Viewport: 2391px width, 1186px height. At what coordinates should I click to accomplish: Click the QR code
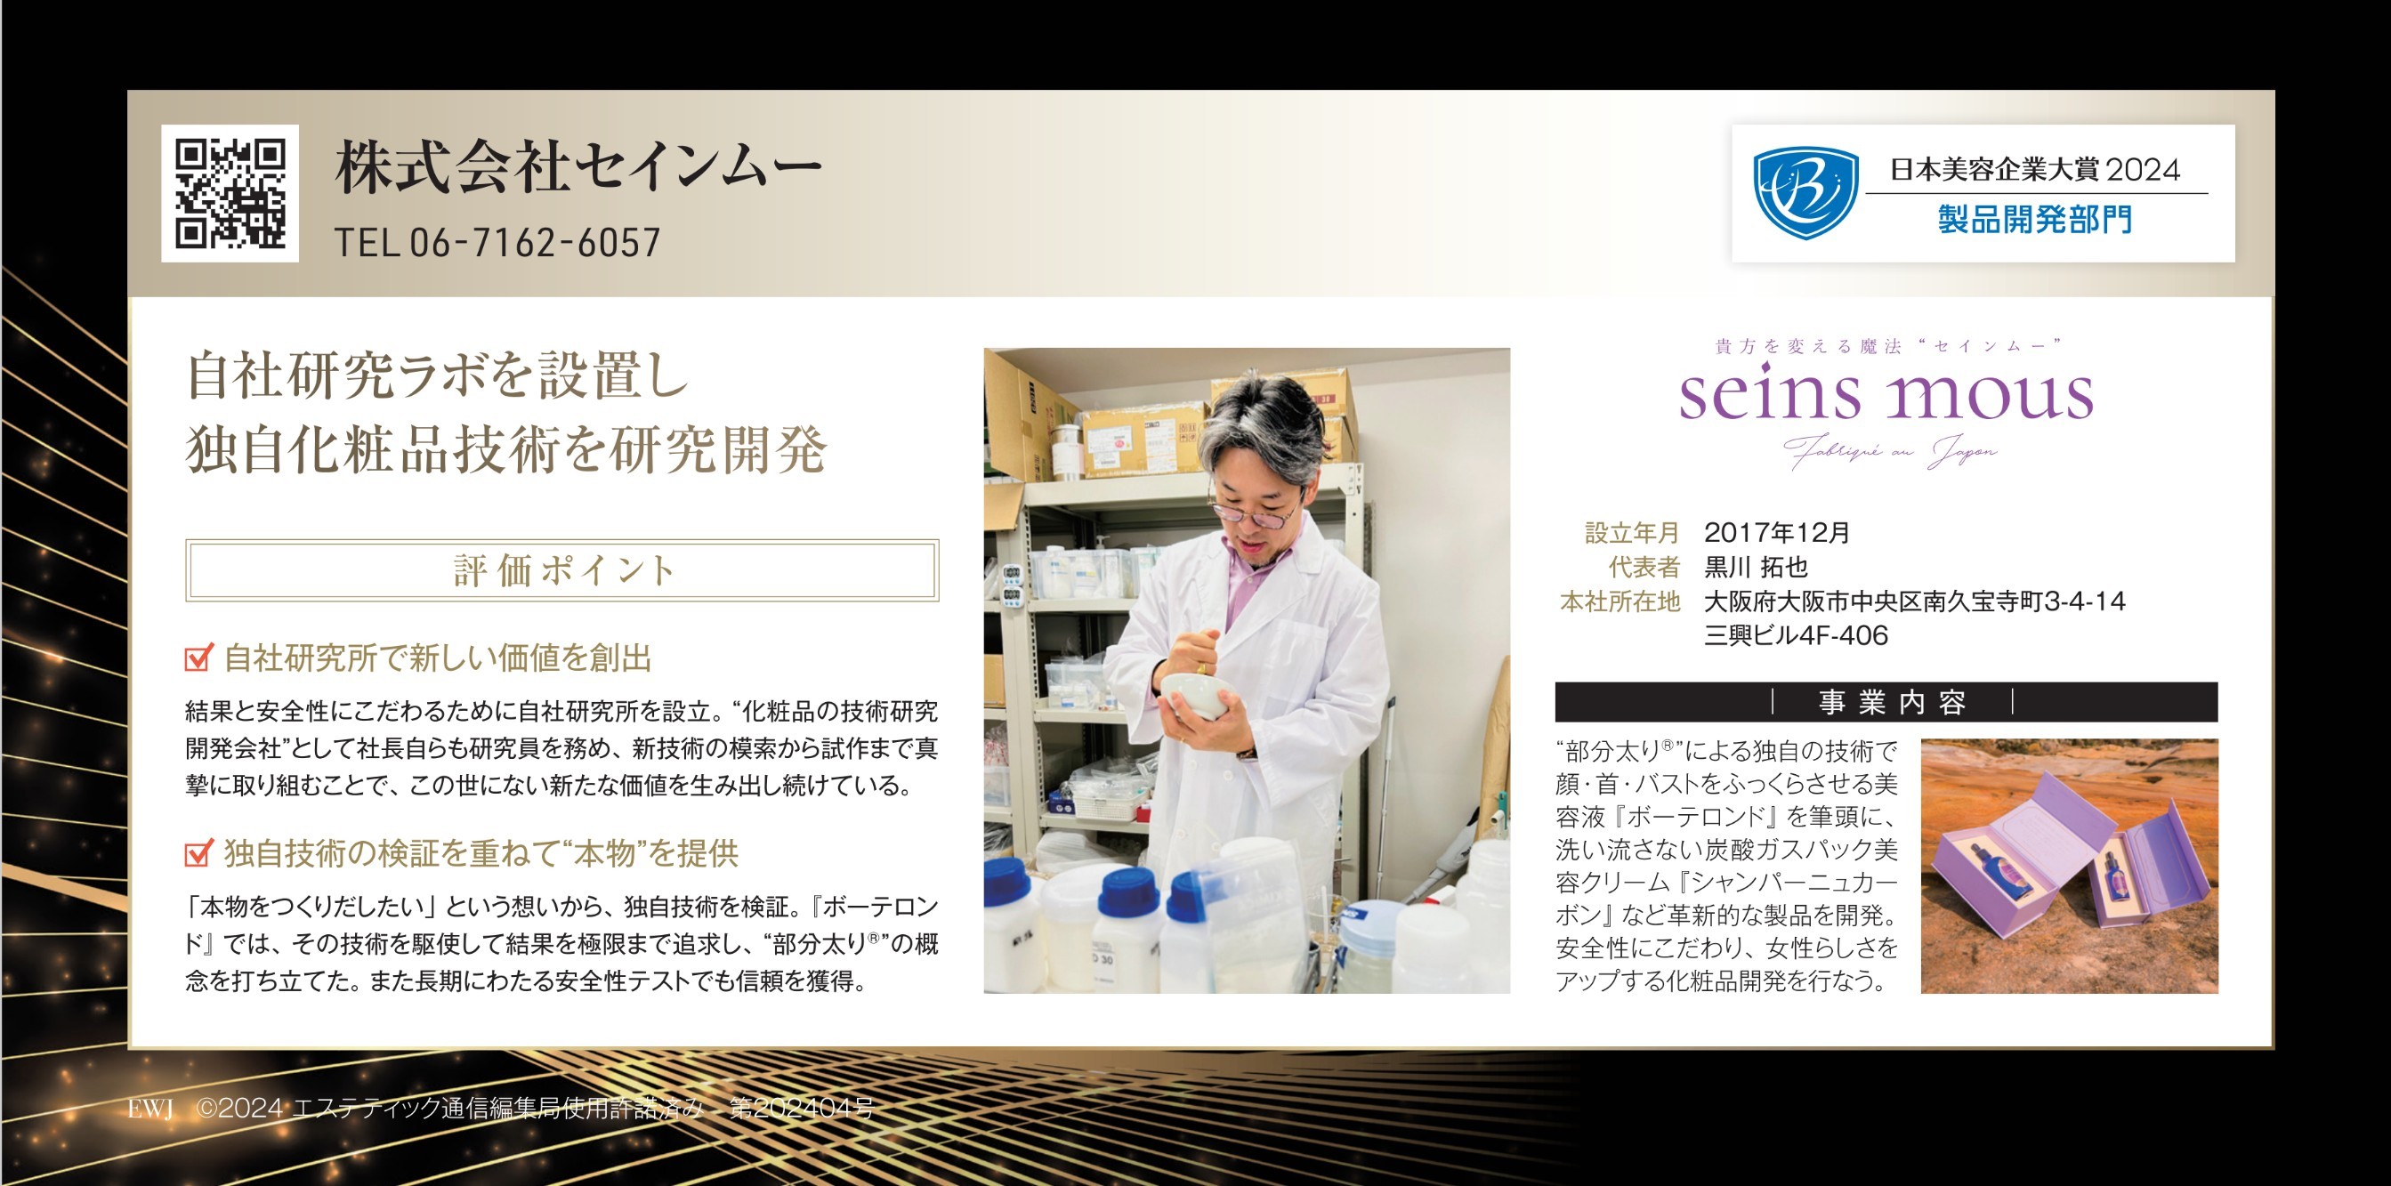(230, 193)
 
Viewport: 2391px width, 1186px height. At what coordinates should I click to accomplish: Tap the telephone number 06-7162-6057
(536, 243)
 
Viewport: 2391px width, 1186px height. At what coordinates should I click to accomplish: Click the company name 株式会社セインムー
(578, 168)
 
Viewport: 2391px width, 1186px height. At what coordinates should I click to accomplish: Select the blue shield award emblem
(1805, 193)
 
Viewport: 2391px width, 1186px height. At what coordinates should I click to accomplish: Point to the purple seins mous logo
(1886, 393)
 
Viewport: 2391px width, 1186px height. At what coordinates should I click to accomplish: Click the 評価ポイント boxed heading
(562, 569)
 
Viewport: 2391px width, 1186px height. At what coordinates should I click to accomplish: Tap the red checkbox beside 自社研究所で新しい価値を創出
(198, 658)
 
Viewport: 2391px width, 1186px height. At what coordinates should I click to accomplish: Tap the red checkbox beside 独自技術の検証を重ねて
(198, 853)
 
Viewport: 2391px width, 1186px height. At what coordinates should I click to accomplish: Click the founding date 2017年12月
(1776, 533)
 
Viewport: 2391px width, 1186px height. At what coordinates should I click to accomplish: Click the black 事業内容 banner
(1886, 703)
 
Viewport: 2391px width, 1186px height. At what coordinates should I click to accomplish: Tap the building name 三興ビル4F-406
(1796, 635)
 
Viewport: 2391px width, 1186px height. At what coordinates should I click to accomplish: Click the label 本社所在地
(1620, 601)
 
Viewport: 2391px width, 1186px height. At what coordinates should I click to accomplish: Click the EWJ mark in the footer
(150, 1109)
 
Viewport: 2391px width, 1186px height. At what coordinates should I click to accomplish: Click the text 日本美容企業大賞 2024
(2035, 170)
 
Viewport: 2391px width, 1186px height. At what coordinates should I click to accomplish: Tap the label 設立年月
(1633, 533)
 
